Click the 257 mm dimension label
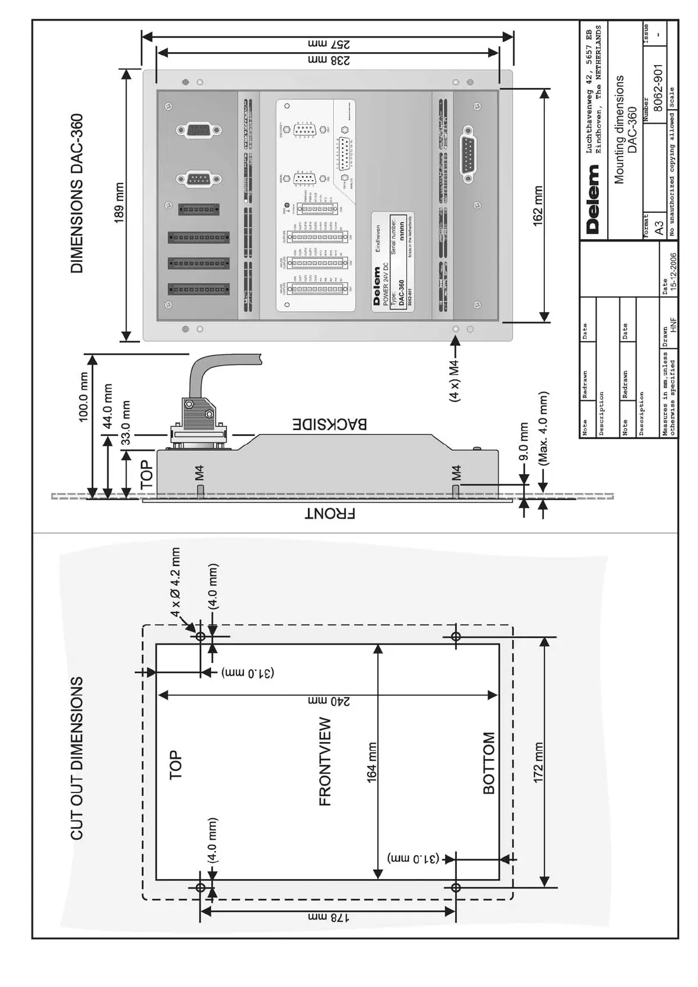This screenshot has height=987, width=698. pyautogui.click(x=328, y=44)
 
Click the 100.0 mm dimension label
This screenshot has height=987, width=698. pyautogui.click(x=83, y=397)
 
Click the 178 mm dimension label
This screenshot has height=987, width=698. pyautogui.click(x=328, y=918)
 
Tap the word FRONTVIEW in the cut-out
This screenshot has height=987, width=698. pyautogui.click(x=325, y=761)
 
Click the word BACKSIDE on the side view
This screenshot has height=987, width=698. pyautogui.click(x=330, y=424)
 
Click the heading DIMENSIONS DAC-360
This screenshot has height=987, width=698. pyautogui.click(x=77, y=193)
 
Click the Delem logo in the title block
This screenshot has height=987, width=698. pyautogui.click(x=593, y=199)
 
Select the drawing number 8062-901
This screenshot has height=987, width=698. pyautogui.click(x=658, y=88)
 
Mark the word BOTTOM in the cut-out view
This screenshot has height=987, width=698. pyautogui.click(x=489, y=763)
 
